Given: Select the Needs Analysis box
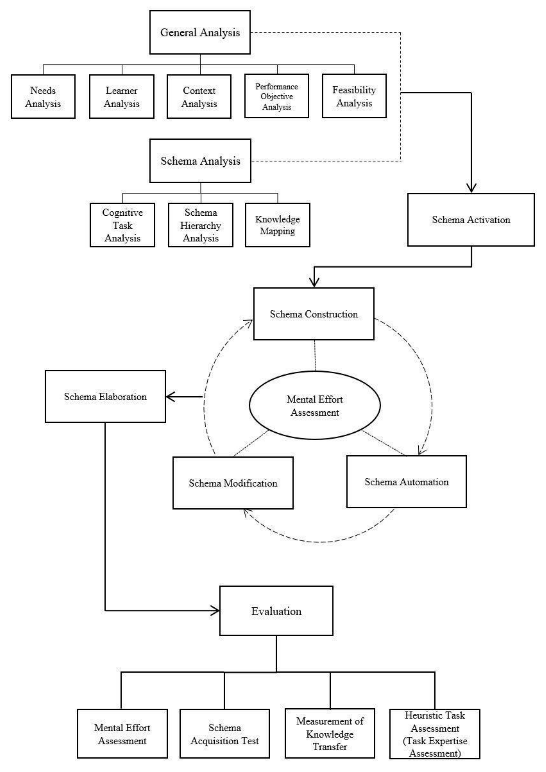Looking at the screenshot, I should (43, 97).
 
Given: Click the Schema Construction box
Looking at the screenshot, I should (313, 314).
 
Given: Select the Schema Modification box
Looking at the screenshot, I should (233, 483).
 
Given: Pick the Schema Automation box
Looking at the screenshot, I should (406, 482).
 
